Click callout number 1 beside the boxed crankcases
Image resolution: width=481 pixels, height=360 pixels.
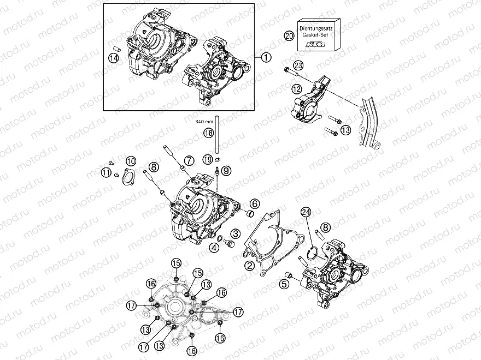(265, 57)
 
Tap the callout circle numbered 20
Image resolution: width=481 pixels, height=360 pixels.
(289, 36)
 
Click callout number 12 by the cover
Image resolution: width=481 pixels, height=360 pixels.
(297, 88)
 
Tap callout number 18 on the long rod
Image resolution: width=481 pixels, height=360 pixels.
(208, 133)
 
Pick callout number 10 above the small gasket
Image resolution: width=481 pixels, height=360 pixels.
(131, 161)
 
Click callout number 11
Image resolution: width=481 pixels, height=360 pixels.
(105, 172)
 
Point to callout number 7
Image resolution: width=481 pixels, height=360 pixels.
(189, 160)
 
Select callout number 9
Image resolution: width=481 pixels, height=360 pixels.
(226, 171)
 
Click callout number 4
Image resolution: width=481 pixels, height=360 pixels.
(215, 247)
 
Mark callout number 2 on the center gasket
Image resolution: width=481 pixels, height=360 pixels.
(249, 266)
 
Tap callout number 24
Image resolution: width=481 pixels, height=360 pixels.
(306, 214)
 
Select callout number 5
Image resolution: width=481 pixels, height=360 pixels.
(283, 283)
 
